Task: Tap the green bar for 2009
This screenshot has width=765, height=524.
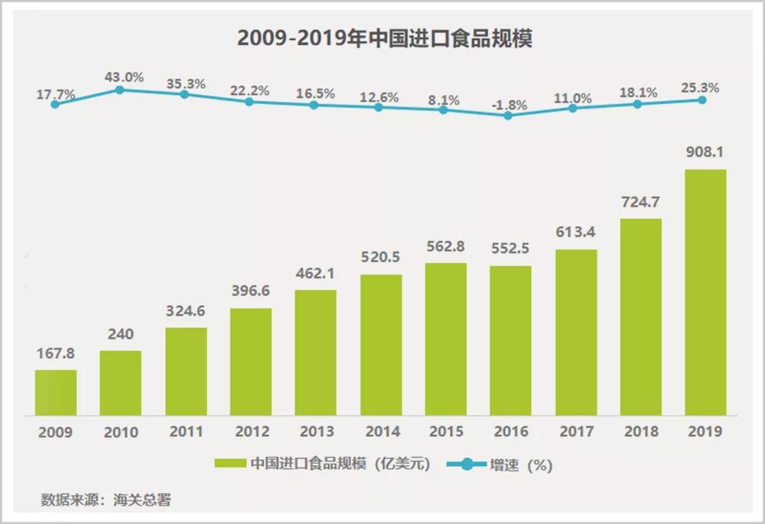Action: (55, 392)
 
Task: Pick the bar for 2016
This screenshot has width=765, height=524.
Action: (510, 340)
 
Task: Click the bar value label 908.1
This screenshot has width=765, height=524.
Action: (705, 153)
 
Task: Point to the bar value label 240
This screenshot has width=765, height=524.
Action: (120, 335)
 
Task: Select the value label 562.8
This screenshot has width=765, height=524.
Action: (445, 247)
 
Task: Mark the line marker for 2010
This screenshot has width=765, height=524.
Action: (120, 90)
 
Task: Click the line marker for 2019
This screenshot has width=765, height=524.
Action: (702, 100)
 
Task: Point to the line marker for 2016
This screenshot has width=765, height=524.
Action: (509, 116)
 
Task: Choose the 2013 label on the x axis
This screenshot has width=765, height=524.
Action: (315, 432)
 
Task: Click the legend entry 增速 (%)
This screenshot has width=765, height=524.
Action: (496, 464)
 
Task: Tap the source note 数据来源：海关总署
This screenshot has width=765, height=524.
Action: (106, 500)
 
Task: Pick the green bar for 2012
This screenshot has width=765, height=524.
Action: (250, 361)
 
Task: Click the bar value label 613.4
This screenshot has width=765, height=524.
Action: (575, 233)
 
